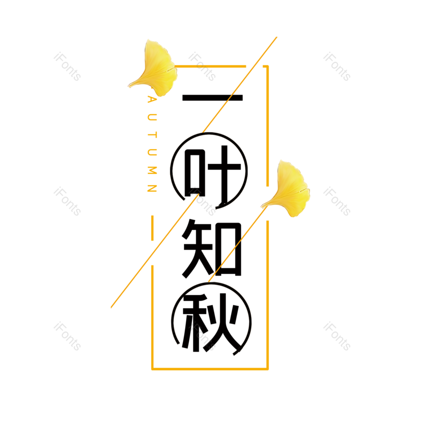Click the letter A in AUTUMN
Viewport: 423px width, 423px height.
152,100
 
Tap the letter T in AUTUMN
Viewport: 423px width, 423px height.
152,134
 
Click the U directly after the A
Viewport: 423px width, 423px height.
152,117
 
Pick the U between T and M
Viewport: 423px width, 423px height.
152,152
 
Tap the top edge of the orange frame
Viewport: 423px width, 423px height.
212,66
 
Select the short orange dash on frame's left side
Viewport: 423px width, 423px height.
152,228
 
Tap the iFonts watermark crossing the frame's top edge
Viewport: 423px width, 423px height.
202,67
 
